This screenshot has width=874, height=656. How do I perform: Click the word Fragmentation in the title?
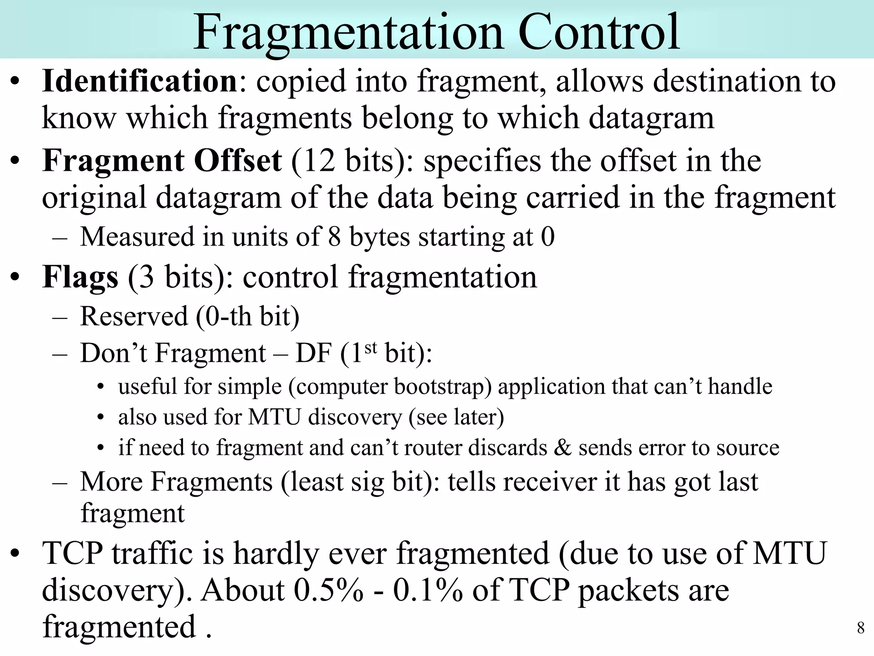[348, 33]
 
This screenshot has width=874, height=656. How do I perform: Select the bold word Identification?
[140, 81]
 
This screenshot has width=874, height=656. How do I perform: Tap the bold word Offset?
[238, 161]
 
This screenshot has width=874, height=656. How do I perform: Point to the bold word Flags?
[80, 278]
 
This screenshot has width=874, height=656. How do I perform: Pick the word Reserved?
[134, 316]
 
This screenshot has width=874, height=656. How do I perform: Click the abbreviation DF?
[313, 354]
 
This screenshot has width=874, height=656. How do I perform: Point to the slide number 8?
[861, 628]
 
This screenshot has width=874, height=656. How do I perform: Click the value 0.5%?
[328, 590]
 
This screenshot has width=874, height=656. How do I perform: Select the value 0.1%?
[428, 590]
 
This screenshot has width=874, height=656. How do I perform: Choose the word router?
[433, 448]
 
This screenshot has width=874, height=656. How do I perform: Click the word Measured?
[137, 237]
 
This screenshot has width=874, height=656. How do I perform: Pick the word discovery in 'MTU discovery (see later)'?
[355, 417]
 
